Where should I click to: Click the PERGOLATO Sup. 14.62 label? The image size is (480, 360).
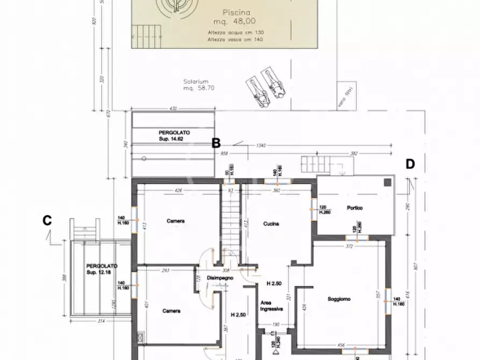[174, 135]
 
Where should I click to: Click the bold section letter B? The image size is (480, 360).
[216, 143]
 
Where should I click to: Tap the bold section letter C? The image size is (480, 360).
[47, 220]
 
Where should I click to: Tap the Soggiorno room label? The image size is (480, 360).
[340, 299]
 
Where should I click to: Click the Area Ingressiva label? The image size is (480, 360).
[271, 306]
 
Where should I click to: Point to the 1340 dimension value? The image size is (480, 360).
[262, 145]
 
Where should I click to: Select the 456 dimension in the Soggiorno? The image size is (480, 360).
[341, 345]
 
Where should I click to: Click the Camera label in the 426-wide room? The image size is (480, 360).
[176, 221]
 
